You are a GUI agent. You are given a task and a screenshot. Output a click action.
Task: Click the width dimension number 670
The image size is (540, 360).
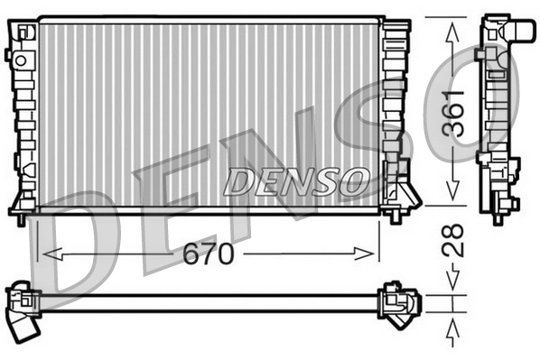coord(210,255)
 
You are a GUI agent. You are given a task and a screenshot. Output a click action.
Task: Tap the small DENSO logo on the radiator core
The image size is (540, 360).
coord(297,180)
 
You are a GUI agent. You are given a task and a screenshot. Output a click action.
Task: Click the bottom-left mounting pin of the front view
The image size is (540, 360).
coord(21,217)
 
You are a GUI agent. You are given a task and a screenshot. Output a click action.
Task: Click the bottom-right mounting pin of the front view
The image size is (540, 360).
coord(395,217)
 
